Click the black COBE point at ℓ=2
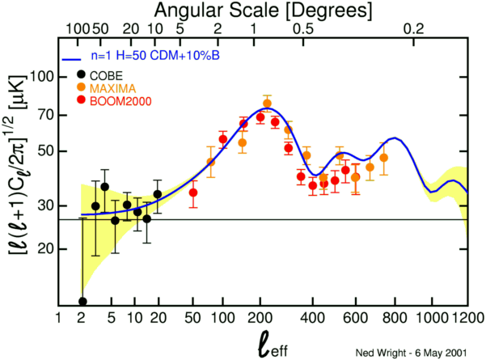click(x=82, y=302)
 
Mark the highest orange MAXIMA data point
click(x=268, y=104)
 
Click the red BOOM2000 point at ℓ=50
click(x=193, y=193)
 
